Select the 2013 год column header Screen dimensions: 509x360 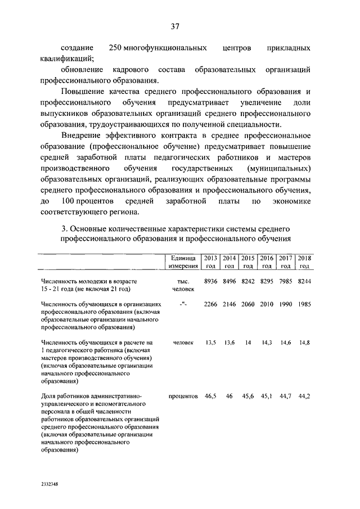pos(210,261)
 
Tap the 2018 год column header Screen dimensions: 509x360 pos(304,261)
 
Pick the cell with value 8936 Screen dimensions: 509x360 pos(210,280)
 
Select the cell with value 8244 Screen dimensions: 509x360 pos(304,280)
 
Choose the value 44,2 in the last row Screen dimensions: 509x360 pos(304,396)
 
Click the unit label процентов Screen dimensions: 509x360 pos(183,396)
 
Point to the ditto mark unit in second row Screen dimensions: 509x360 pos(183,304)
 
